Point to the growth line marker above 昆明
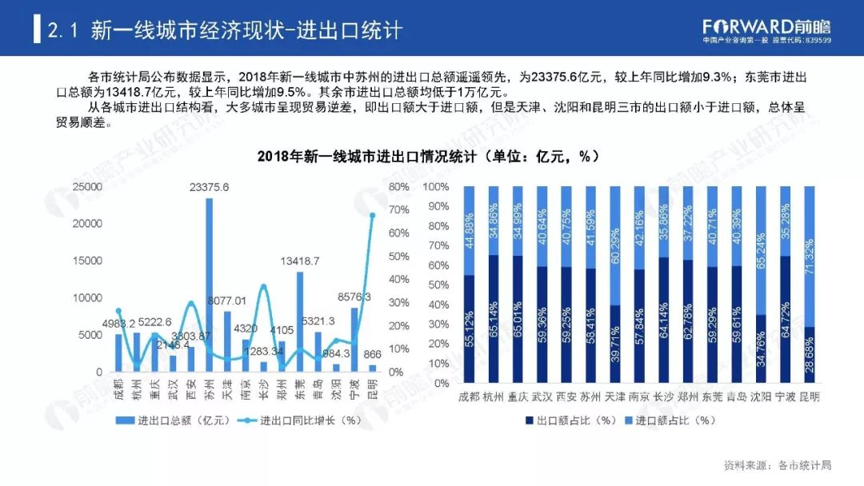point(372,215)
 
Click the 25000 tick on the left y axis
point(87,187)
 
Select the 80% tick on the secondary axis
point(399,187)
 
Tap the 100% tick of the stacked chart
point(435,187)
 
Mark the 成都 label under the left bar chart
point(118,393)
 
